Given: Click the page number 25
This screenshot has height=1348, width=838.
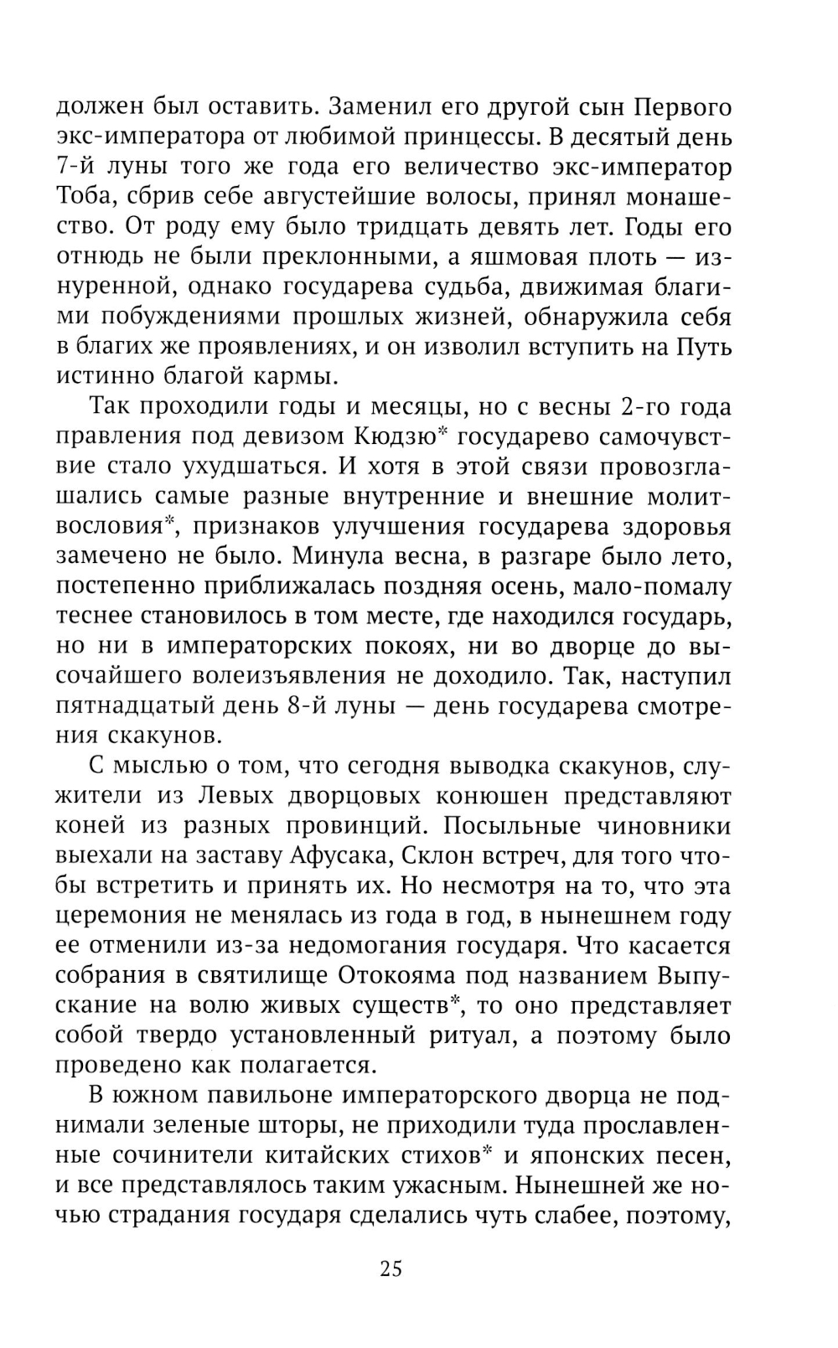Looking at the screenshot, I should click(391, 1268).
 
